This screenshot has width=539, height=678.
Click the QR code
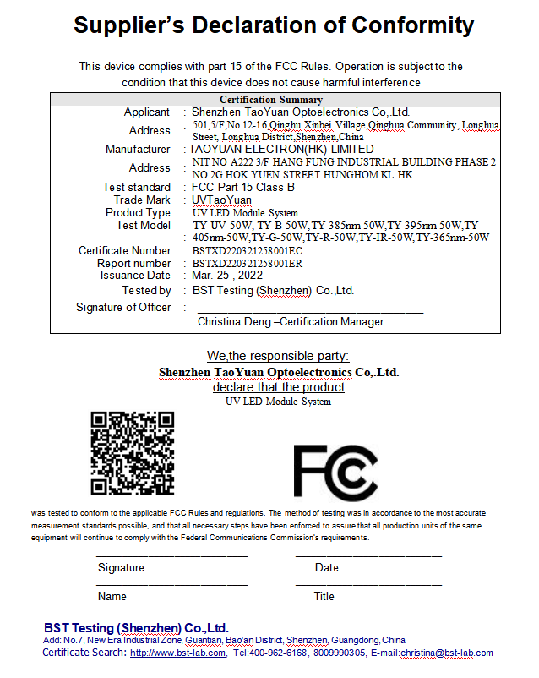click(x=133, y=453)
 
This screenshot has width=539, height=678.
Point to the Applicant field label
click(x=147, y=112)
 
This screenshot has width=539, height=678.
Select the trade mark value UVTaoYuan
click(x=221, y=200)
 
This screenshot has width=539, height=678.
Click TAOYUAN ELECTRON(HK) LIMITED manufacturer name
click(x=281, y=149)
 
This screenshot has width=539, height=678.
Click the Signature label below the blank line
click(x=121, y=568)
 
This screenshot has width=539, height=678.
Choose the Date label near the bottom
click(x=326, y=568)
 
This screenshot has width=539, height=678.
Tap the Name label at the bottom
click(x=112, y=596)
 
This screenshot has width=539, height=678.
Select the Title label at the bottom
click(x=324, y=596)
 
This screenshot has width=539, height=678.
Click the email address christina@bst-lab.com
click(x=447, y=653)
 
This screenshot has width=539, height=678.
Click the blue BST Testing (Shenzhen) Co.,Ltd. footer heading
click(x=136, y=628)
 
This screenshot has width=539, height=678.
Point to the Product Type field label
click(x=138, y=213)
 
